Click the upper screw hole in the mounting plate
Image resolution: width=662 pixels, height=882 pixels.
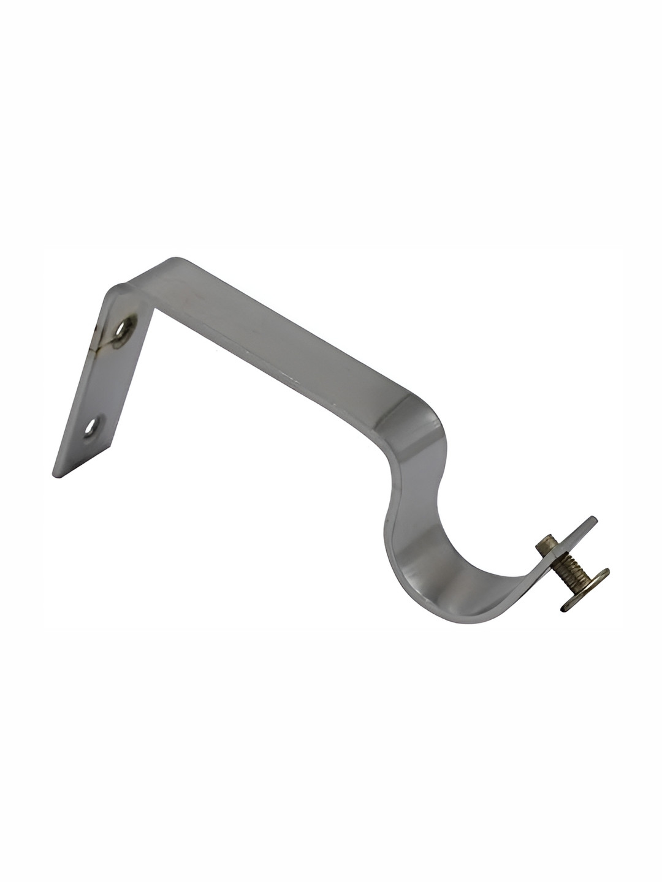124,331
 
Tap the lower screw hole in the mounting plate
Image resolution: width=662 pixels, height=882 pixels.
92,428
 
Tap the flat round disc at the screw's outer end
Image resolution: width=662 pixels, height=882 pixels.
585,591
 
